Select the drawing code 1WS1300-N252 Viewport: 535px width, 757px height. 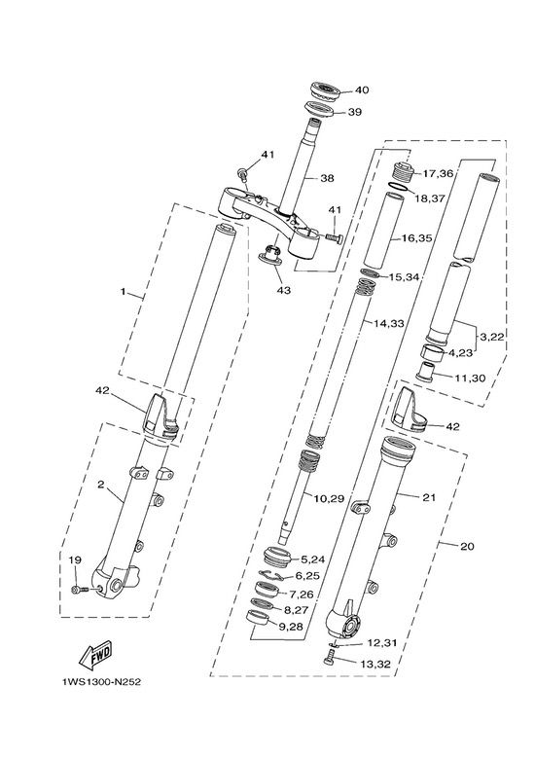tap(101, 682)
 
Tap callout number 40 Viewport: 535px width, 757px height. tap(362, 90)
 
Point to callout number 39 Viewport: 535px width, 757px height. tap(354, 112)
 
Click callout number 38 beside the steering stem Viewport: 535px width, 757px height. tap(327, 178)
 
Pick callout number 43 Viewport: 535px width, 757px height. tap(284, 291)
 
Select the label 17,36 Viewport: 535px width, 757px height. tap(438, 173)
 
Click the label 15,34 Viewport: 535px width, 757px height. tap(404, 277)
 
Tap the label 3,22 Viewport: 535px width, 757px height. tap(491, 337)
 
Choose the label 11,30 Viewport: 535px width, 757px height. tap(470, 378)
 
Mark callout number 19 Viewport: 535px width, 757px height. tap(75, 560)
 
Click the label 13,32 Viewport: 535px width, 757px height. tap(375, 665)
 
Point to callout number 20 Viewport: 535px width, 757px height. tap(467, 547)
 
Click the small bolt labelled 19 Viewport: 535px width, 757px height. tap(80, 590)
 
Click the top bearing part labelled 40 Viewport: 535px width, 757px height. tap(325, 91)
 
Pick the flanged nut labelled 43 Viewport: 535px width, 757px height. tap(271, 255)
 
